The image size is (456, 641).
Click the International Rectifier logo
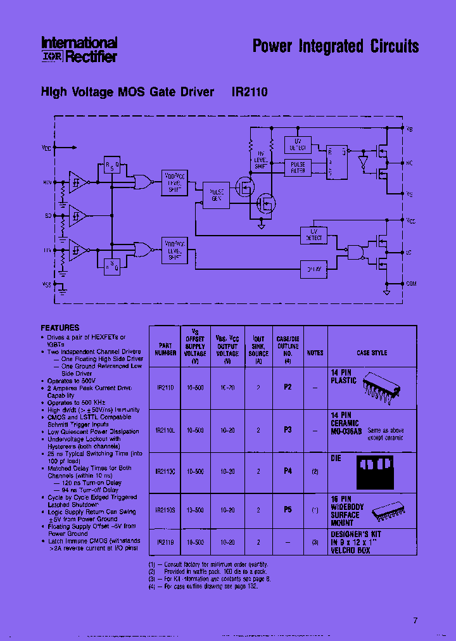click(x=79, y=49)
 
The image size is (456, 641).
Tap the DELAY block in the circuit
click(x=314, y=269)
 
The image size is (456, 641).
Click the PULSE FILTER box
click(x=298, y=167)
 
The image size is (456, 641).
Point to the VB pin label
click(x=410, y=129)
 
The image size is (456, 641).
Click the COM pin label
click(x=412, y=283)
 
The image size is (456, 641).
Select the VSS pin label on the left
click(x=46, y=285)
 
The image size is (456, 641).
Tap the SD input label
click(x=48, y=217)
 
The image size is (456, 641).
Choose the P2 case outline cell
click(x=288, y=387)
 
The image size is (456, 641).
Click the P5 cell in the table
click(x=288, y=509)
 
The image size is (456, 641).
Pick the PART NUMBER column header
click(x=165, y=349)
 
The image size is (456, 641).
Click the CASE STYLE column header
click(x=372, y=353)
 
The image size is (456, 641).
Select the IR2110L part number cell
click(x=165, y=430)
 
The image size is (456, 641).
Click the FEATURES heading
click(x=60, y=328)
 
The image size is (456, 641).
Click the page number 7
click(x=415, y=620)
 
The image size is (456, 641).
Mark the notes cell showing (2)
click(x=314, y=472)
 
